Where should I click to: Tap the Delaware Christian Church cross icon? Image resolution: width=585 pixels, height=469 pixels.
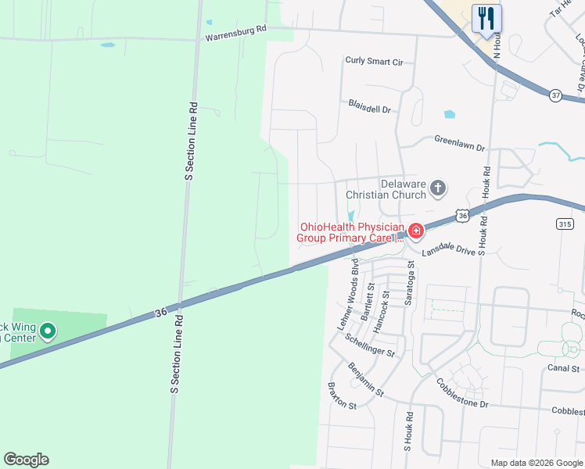(438, 188)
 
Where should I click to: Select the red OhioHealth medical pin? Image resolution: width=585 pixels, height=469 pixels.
(415, 231)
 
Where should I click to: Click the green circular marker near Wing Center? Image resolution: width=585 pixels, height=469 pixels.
(48, 332)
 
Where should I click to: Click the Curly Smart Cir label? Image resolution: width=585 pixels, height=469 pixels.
(374, 61)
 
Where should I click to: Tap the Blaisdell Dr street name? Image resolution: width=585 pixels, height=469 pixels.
(369, 108)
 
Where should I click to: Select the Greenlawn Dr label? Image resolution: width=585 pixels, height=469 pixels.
(460, 144)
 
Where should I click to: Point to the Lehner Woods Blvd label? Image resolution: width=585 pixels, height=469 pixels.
(350, 295)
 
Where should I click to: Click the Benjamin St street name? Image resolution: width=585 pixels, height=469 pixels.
(366, 379)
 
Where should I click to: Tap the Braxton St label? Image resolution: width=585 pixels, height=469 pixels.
(341, 406)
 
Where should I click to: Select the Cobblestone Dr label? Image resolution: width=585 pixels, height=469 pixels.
(461, 393)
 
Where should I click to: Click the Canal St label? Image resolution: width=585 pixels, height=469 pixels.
(563, 368)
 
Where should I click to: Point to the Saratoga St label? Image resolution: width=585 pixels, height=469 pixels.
(409, 283)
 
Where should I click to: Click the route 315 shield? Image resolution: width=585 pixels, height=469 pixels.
(565, 224)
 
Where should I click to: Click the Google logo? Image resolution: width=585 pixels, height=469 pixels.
(26, 459)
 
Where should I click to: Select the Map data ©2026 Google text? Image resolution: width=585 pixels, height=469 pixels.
(536, 463)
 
